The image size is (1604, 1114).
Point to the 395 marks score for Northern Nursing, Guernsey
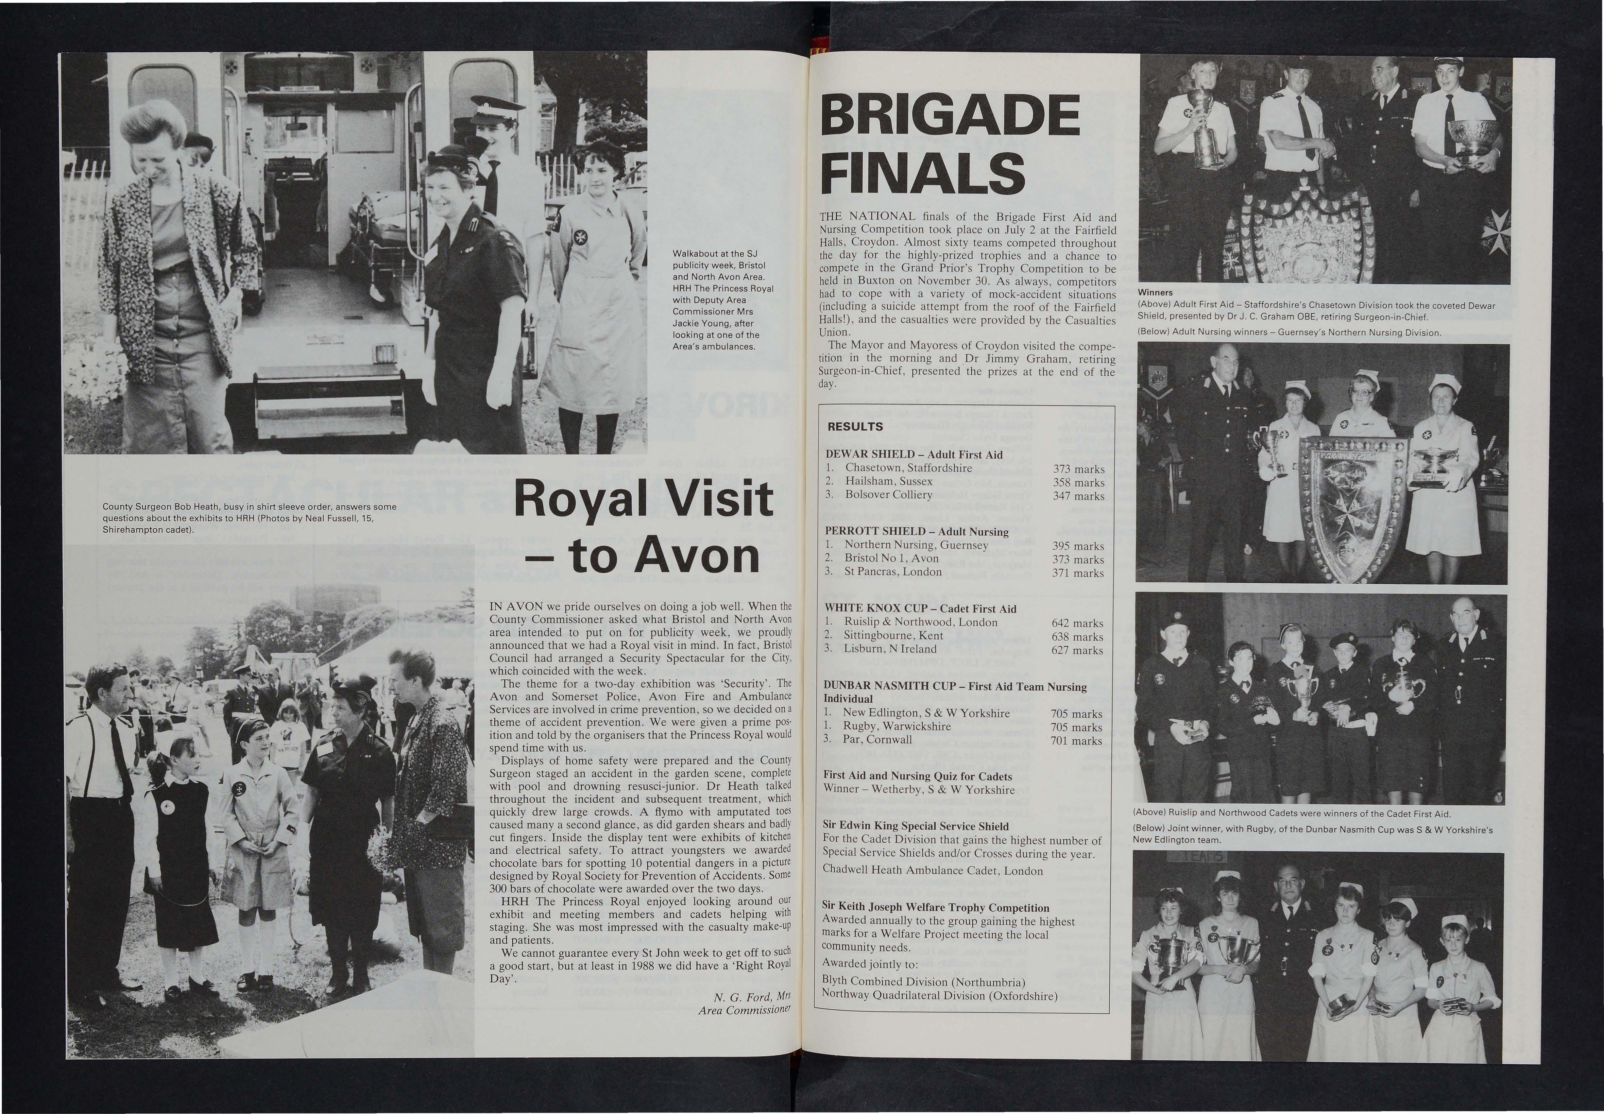point(1078,546)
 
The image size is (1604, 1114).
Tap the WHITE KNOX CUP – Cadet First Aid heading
point(920,608)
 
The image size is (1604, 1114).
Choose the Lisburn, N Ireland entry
point(890,648)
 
